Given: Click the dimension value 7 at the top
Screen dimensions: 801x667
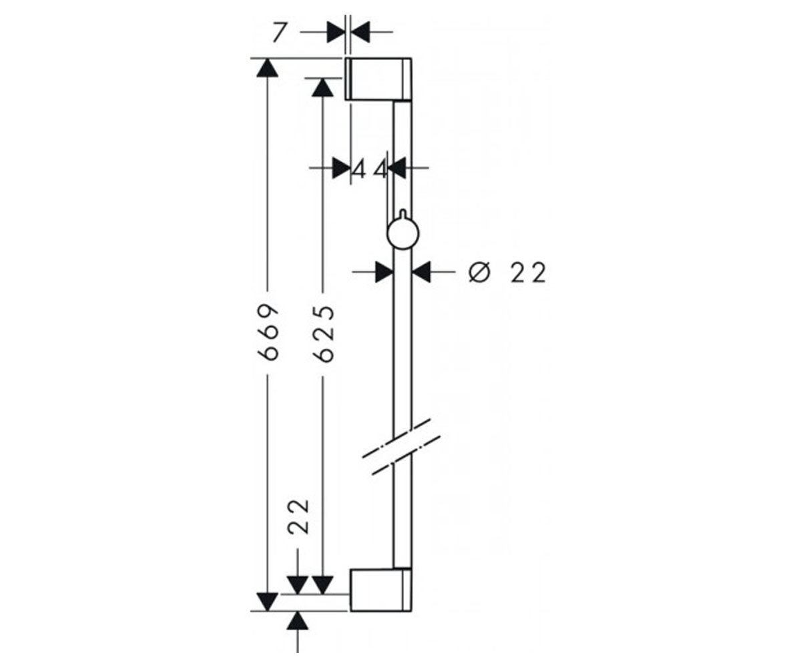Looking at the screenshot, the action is click(280, 33).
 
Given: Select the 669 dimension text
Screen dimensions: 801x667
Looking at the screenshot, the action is click(268, 332).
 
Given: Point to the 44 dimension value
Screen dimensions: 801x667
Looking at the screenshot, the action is click(370, 169).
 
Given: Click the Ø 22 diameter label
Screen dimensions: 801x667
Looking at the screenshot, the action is click(507, 273).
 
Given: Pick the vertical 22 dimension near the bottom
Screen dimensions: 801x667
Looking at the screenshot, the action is click(298, 516).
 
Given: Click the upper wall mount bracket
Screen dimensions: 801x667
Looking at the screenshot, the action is click(378, 79).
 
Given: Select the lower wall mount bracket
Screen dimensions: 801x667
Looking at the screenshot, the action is click(381, 590).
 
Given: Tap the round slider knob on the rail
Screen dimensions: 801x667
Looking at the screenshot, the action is click(403, 233).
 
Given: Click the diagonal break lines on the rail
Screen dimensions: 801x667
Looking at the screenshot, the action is click(402, 448).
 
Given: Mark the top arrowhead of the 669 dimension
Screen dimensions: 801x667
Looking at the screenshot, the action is click(268, 68).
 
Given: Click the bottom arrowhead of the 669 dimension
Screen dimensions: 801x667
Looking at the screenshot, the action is click(268, 602).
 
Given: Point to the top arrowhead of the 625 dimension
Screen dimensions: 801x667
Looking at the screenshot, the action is click(322, 87).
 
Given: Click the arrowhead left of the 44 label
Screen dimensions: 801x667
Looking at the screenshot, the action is click(342, 167).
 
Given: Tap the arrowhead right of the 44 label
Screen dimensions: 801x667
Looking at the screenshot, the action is click(396, 167).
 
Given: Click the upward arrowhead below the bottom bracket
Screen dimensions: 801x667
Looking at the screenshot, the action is click(298, 622).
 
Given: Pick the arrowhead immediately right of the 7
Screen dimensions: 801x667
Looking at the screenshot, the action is click(360, 32).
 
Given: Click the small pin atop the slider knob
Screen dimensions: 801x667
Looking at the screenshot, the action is click(403, 214).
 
